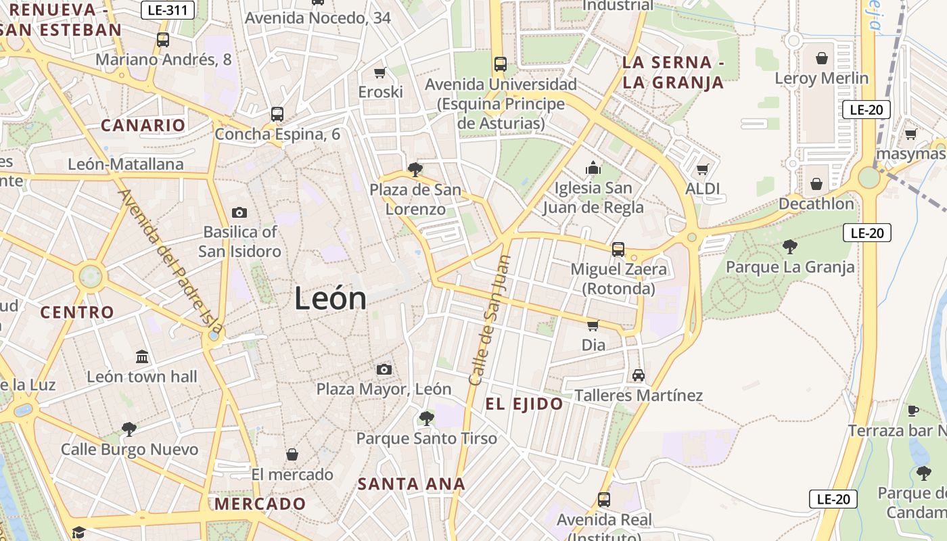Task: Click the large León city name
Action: tap(330, 298)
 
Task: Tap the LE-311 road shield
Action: tap(168, 9)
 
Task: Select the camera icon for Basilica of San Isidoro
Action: tap(239, 212)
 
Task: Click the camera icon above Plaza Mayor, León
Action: tap(384, 369)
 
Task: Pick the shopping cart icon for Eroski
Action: tap(380, 72)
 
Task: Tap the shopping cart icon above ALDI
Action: tap(703, 169)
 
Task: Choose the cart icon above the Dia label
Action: tap(593, 325)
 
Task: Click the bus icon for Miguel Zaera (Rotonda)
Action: tap(618, 250)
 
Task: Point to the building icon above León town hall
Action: tap(142, 356)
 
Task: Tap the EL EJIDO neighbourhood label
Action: tap(524, 404)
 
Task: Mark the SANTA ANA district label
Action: tap(411, 484)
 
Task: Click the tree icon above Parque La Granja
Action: tap(789, 247)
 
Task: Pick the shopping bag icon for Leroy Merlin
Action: tap(822, 58)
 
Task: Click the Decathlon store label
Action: tap(816, 204)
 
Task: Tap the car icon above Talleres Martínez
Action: tap(638, 375)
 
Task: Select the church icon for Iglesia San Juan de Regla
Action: tap(593, 168)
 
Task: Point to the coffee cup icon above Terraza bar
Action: tap(913, 410)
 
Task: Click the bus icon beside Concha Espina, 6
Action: tap(277, 114)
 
